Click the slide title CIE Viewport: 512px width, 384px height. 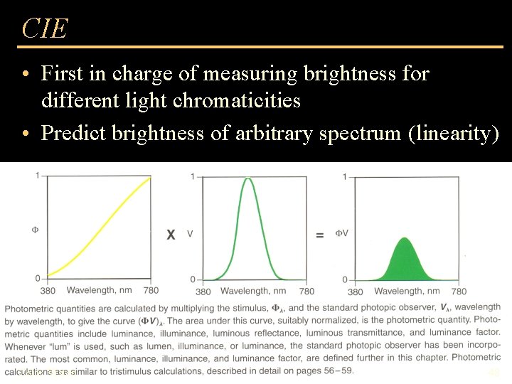click(x=45, y=28)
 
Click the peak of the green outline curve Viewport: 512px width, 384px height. click(x=248, y=178)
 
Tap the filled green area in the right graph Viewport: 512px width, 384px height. click(x=405, y=263)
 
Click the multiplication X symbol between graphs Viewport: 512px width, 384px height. click(x=171, y=234)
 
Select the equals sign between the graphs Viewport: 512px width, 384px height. click(x=320, y=235)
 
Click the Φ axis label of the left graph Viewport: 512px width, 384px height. click(x=35, y=230)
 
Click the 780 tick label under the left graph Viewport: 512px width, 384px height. click(x=151, y=290)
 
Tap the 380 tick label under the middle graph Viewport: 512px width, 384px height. click(x=203, y=291)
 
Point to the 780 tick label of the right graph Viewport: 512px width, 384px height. click(x=459, y=291)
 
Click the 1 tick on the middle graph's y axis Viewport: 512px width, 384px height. click(x=194, y=176)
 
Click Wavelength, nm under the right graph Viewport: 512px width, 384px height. click(x=407, y=291)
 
